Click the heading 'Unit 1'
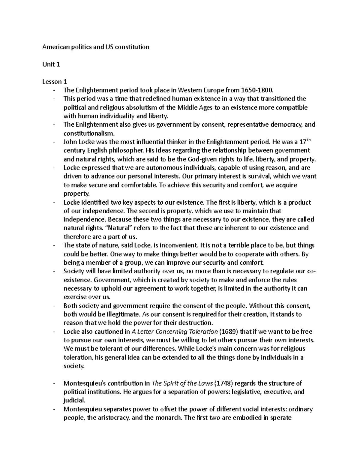click(x=51, y=64)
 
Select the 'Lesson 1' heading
click(x=55, y=82)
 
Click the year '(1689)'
click(x=229, y=332)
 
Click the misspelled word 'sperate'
click(x=280, y=418)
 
